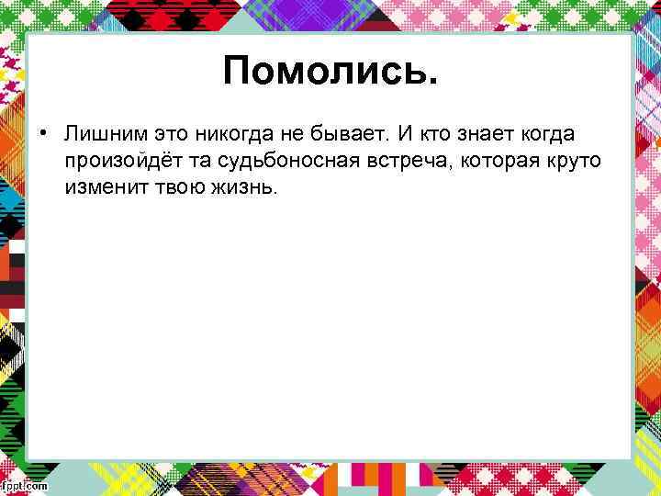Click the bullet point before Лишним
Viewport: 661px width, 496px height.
point(42,135)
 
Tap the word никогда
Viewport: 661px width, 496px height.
point(236,135)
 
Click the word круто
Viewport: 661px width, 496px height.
point(577,162)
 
